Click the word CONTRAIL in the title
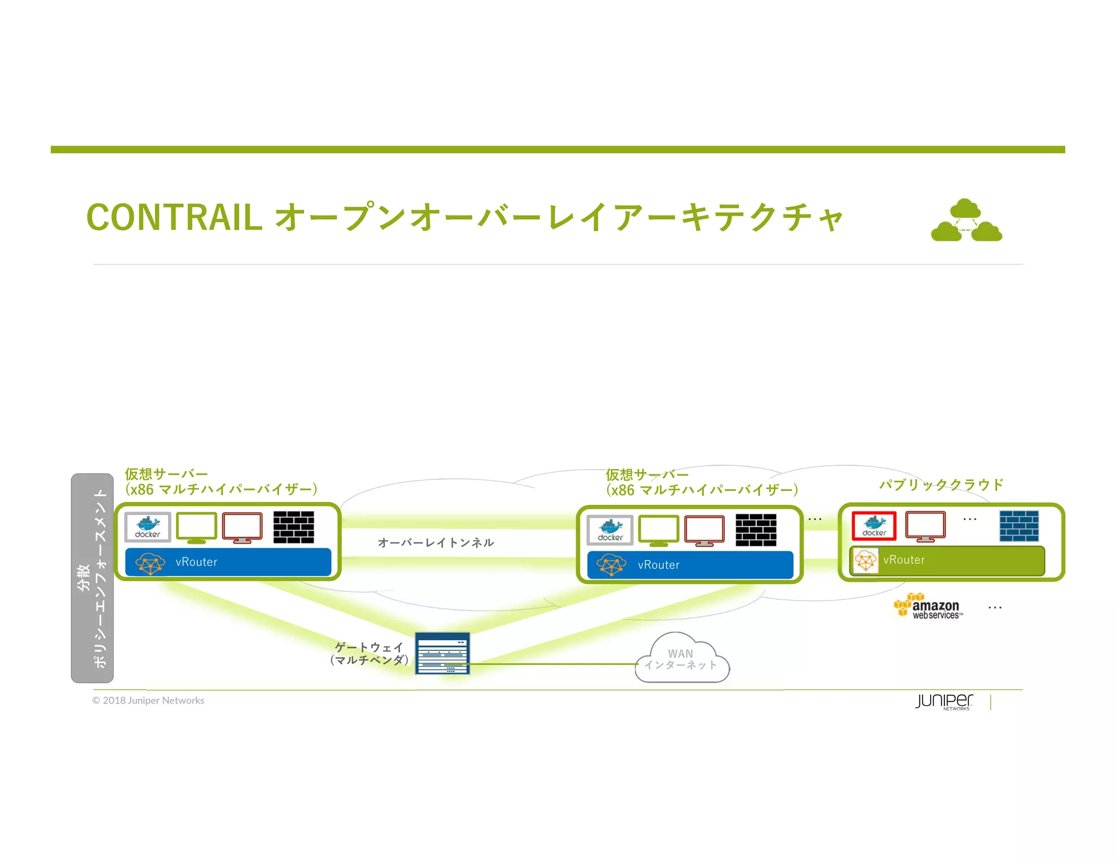click(x=174, y=217)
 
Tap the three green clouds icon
click(x=966, y=221)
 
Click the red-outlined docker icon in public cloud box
click(x=874, y=526)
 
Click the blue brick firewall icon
click(x=1018, y=526)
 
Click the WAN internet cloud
click(x=681, y=659)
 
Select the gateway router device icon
click(x=442, y=653)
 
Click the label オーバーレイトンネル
click(x=435, y=543)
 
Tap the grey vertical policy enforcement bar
click(x=92, y=578)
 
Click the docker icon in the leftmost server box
click(x=148, y=527)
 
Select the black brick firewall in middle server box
click(x=756, y=530)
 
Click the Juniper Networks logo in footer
click(x=944, y=701)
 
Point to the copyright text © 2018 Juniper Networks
click(x=148, y=701)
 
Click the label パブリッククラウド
click(x=941, y=484)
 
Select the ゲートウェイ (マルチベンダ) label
click(x=369, y=654)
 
